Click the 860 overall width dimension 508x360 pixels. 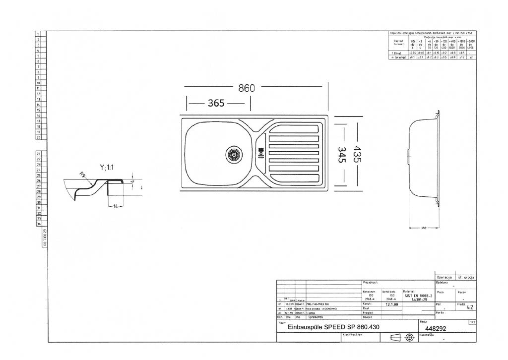[x=247, y=88]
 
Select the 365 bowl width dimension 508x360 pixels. [x=216, y=103]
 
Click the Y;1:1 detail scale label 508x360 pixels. [x=107, y=168]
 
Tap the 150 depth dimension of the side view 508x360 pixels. [x=424, y=228]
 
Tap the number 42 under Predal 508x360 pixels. [x=470, y=307]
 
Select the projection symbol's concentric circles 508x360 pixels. [x=409, y=338]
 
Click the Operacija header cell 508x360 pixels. [x=444, y=277]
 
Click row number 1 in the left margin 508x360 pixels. [x=38, y=33]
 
